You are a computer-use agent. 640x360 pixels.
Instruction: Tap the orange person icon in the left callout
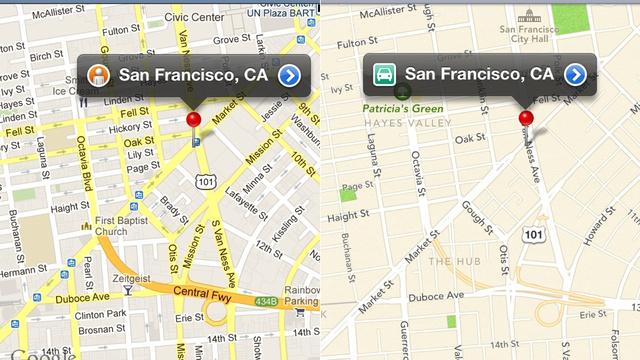98,75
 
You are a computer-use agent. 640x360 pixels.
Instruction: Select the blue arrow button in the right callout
574,75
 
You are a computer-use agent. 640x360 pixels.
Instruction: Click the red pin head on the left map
194,120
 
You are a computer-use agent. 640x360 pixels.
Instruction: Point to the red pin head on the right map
526,119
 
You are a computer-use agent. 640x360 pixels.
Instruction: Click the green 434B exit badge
263,300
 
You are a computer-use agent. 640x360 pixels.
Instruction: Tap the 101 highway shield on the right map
533,234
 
